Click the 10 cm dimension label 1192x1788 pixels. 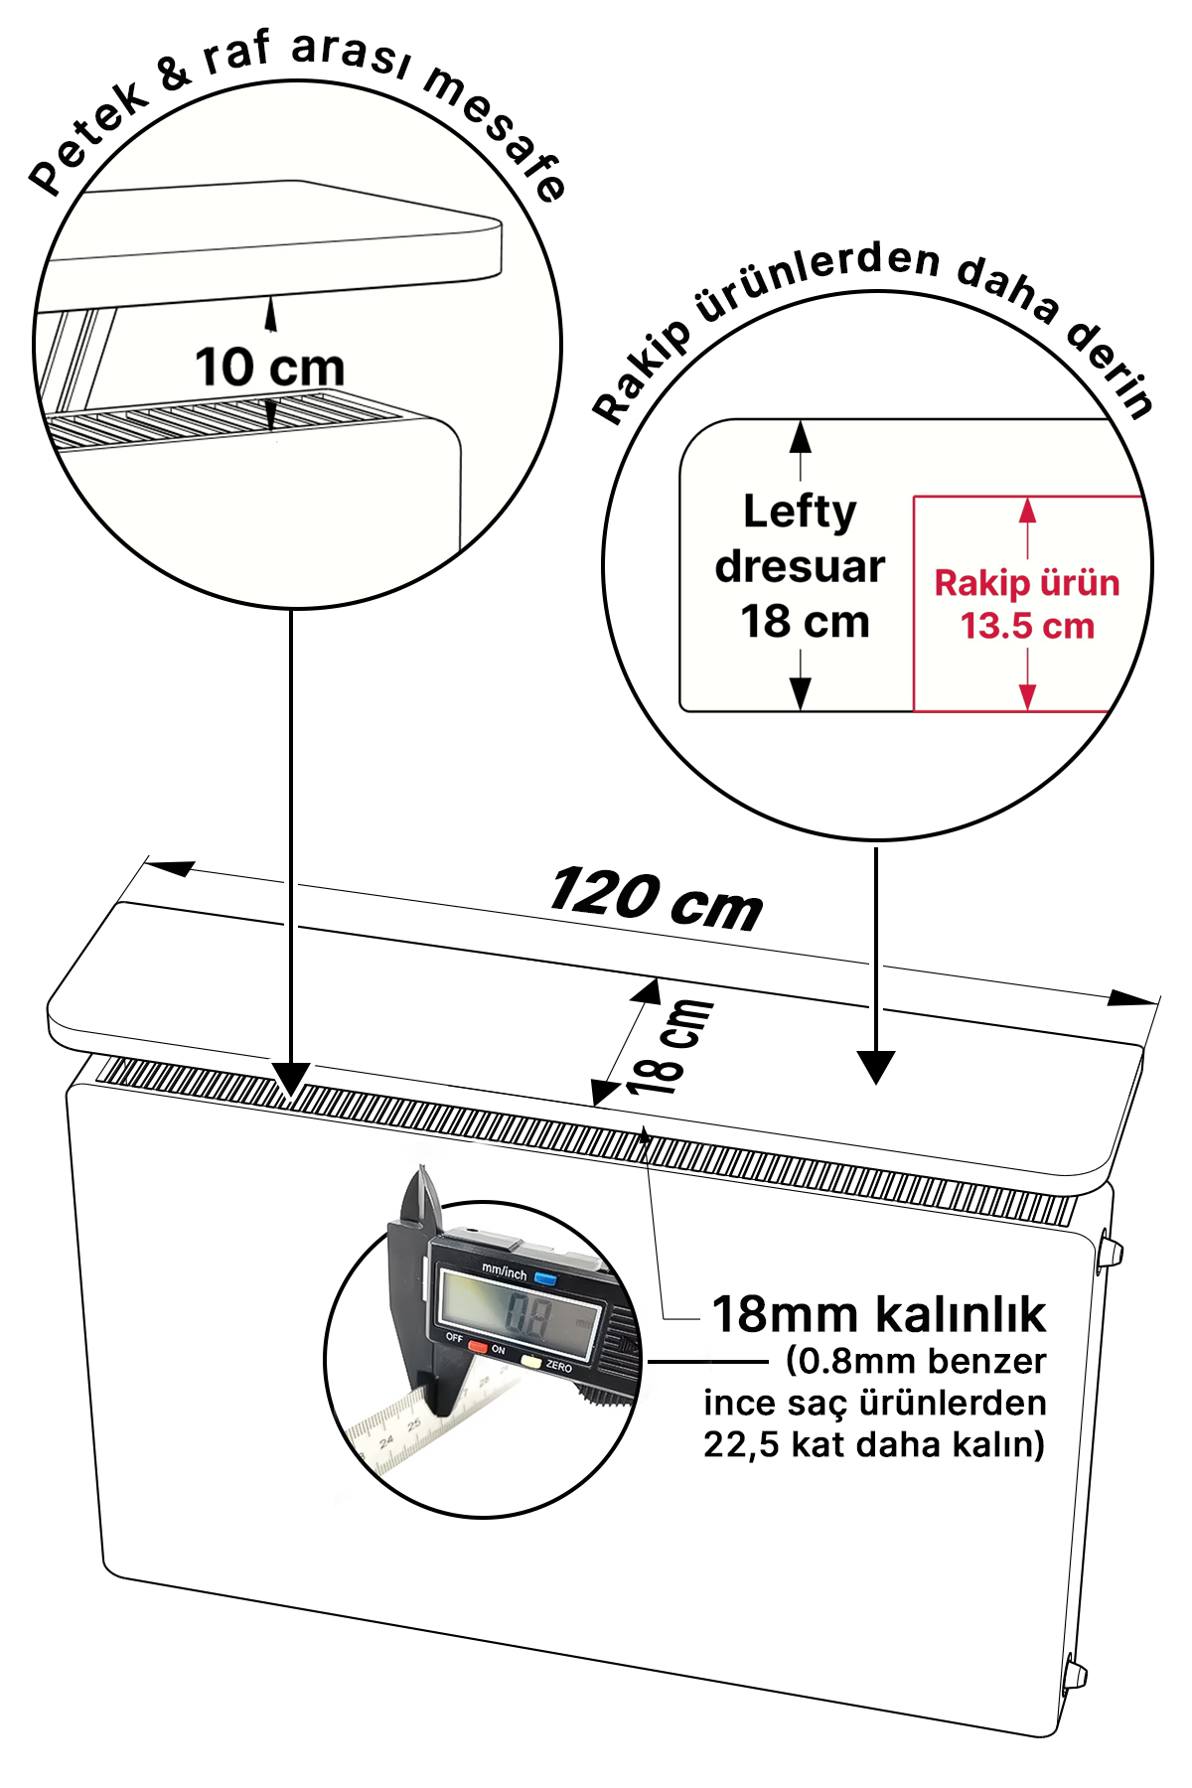pyautogui.click(x=269, y=367)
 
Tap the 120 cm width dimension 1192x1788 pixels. pyautogui.click(x=656, y=898)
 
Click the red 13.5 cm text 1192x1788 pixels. pyautogui.click(x=1027, y=626)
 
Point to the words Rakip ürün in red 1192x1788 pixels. pyautogui.click(x=1027, y=583)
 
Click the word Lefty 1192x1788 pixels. pyautogui.click(x=800, y=513)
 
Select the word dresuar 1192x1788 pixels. pyautogui.click(x=800, y=566)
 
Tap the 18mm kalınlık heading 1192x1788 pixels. pyautogui.click(x=879, y=1313)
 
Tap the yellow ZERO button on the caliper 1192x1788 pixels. pyautogui.click(x=531, y=1362)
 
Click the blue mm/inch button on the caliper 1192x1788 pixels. pyautogui.click(x=544, y=1277)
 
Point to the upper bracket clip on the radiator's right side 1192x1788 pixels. pyautogui.click(x=1109, y=1251)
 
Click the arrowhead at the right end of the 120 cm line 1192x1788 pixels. pyautogui.click(x=1133, y=997)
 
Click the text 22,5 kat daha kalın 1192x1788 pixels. pyautogui.click(x=874, y=1444)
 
